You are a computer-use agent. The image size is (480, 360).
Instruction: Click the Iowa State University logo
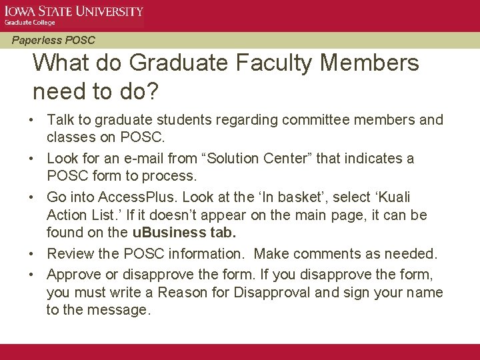click(74, 11)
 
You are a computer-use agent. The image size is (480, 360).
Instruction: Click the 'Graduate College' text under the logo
click(30, 23)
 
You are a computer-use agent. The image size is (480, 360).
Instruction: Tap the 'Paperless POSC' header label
click(53, 40)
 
